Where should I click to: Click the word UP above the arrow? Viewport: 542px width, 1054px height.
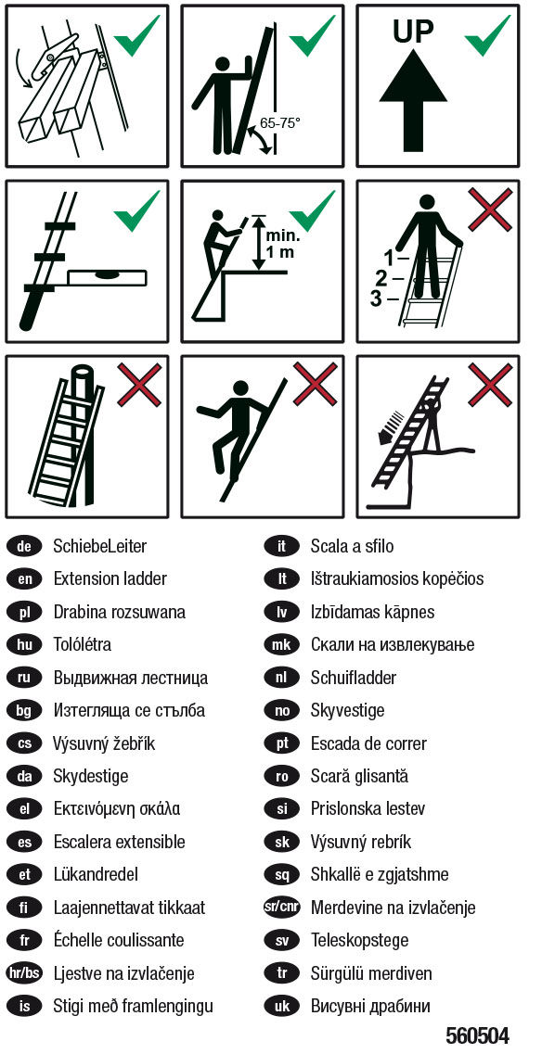click(x=413, y=31)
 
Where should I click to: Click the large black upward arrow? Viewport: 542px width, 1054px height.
click(x=413, y=101)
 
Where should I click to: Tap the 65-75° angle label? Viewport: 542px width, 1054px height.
click(x=279, y=123)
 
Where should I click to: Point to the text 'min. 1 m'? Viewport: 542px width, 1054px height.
click(x=283, y=245)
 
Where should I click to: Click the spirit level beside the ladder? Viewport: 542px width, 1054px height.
click(x=108, y=274)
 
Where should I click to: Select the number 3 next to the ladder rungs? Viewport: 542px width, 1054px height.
click(x=377, y=298)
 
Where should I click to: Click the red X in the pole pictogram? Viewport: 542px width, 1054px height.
click(x=139, y=385)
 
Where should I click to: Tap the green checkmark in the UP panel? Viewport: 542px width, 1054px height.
click(x=487, y=35)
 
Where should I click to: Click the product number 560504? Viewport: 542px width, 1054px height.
click(x=477, y=1034)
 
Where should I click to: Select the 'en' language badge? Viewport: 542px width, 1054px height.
click(x=25, y=578)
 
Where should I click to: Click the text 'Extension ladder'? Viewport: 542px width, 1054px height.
click(x=110, y=578)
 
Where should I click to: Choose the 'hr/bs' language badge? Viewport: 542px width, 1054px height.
click(x=25, y=972)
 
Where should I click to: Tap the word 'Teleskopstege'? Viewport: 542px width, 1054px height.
click(x=359, y=940)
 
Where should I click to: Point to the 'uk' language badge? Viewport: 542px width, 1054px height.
click(x=281, y=1006)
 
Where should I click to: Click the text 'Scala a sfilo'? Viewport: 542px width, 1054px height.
click(x=352, y=546)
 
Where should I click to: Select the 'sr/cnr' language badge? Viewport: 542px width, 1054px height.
click(x=281, y=907)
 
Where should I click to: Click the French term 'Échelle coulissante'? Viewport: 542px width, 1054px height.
click(x=119, y=939)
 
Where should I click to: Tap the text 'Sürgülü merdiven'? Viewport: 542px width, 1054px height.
click(x=371, y=972)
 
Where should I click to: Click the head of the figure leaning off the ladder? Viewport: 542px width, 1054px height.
click(x=239, y=388)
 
